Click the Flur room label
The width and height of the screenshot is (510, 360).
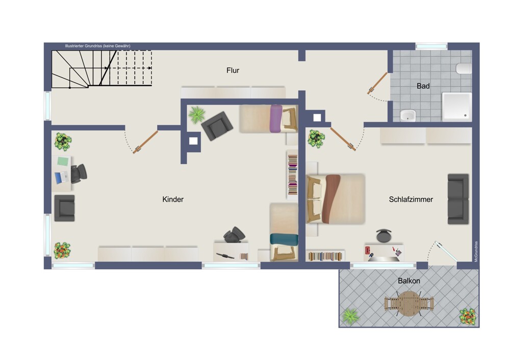233,70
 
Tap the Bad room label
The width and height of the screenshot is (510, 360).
423,86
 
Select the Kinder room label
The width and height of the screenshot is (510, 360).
173,199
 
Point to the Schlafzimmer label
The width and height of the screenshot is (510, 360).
411,199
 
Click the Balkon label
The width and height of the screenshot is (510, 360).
409,280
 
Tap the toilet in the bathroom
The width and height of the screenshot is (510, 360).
464,69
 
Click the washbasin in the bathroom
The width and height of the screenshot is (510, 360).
408,115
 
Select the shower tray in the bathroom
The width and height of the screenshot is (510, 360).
456,107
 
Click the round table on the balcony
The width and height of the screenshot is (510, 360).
409,303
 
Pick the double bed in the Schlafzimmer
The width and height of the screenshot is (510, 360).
336,199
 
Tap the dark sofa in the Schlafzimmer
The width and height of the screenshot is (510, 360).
458,199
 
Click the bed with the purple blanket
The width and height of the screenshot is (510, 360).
269,118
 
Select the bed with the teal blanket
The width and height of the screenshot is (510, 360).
284,232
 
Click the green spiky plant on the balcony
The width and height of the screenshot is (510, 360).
350,316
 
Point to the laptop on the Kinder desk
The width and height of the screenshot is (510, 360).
62,177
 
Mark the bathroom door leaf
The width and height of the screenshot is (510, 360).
377,83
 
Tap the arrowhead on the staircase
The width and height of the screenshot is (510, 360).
150,68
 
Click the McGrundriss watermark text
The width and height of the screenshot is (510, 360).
476,251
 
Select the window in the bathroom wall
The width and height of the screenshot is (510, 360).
431,46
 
